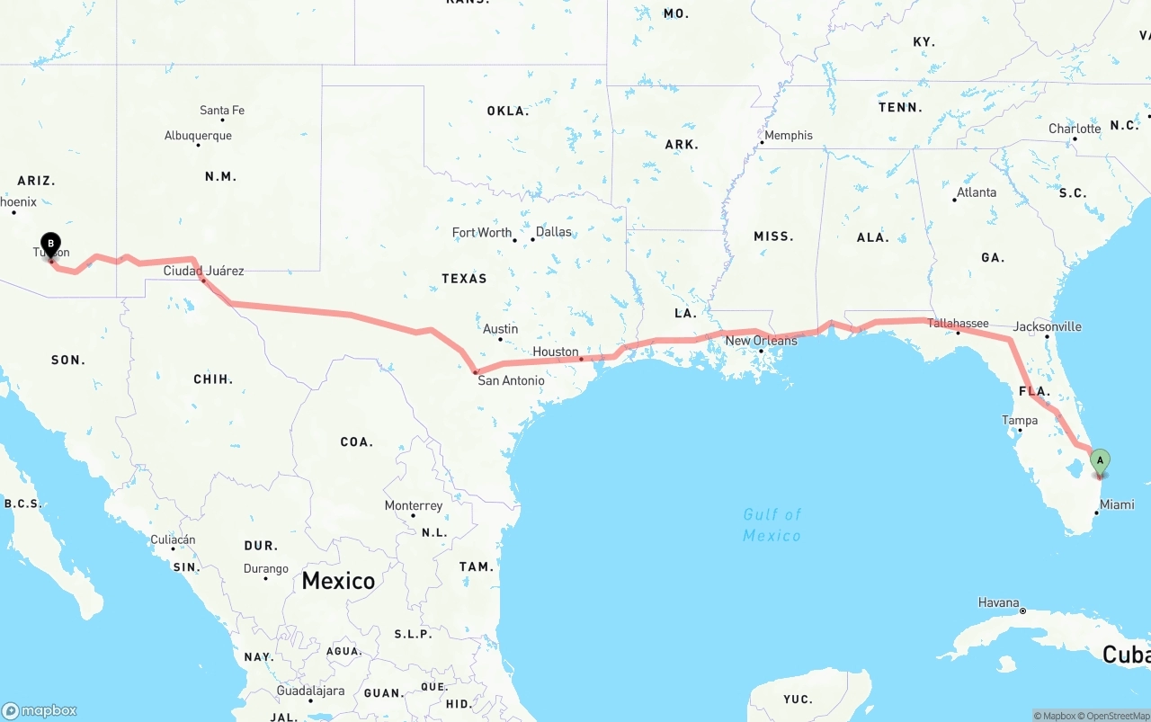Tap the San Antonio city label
(x=511, y=380)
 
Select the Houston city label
(x=556, y=352)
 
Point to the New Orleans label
(x=761, y=341)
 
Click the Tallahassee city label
(x=958, y=323)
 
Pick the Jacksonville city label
(x=1047, y=326)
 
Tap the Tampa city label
(x=1020, y=420)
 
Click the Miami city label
(x=1117, y=504)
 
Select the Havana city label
(x=999, y=602)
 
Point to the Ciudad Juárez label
(x=203, y=271)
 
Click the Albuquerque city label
(x=198, y=136)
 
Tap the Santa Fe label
(x=221, y=111)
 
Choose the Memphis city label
(x=788, y=136)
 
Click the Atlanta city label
(x=976, y=192)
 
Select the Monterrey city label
(x=414, y=505)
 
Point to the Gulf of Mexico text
(x=772, y=525)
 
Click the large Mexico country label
(x=338, y=581)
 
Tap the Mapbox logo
(x=40, y=710)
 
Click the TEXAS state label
(x=464, y=279)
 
